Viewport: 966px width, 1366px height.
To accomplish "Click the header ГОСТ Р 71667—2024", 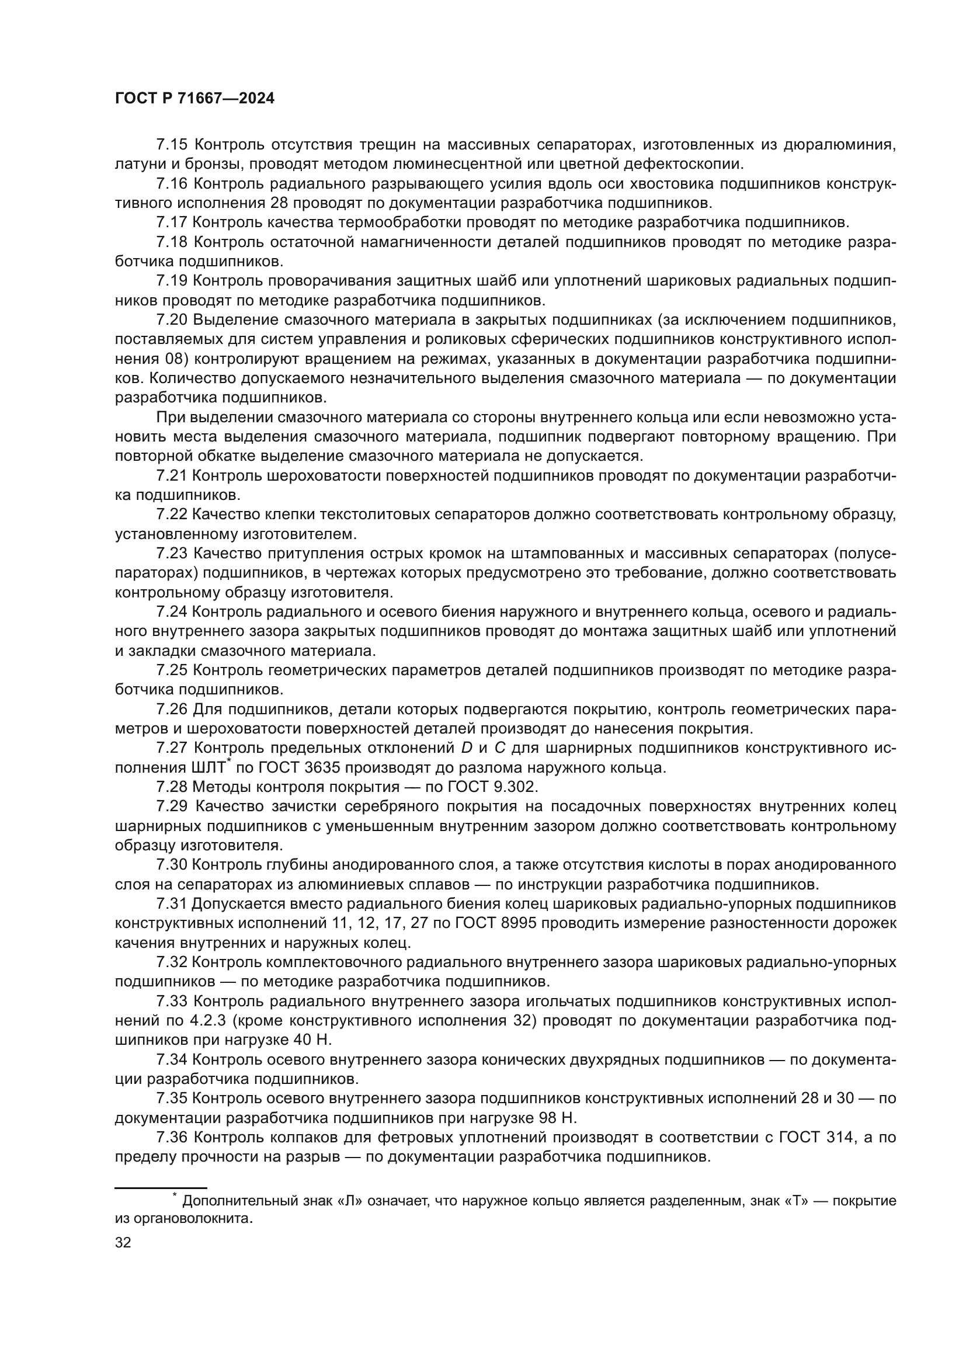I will tap(194, 99).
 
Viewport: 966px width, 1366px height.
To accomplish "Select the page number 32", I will tap(123, 1243).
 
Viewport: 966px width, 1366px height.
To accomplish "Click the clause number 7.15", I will tap(171, 145).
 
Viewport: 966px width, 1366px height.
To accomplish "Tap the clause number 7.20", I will tap(171, 320).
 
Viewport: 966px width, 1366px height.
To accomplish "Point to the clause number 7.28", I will tap(171, 787).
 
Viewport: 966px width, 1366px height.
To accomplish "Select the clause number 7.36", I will tap(171, 1138).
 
